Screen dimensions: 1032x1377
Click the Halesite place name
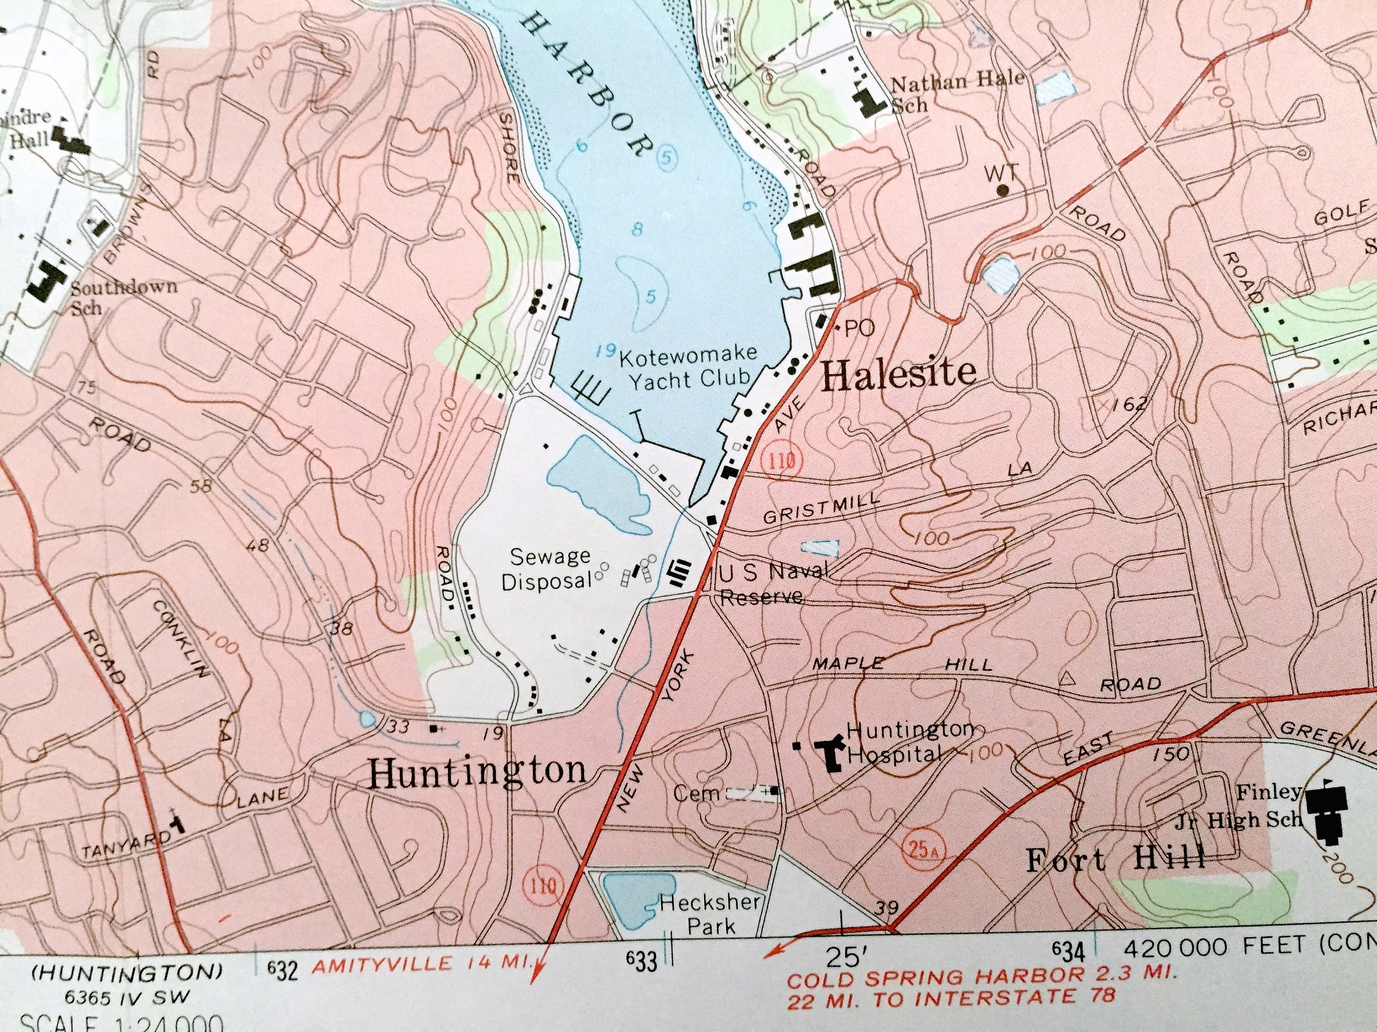pos(899,374)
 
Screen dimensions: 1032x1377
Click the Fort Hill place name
pos(1115,860)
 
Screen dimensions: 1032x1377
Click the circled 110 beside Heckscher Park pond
pos(543,885)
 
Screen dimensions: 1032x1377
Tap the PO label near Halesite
pos(859,328)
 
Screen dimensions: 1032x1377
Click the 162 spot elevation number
pos(1129,405)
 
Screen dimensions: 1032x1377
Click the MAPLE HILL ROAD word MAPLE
pos(848,664)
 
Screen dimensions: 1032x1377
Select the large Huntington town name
pos(477,771)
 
